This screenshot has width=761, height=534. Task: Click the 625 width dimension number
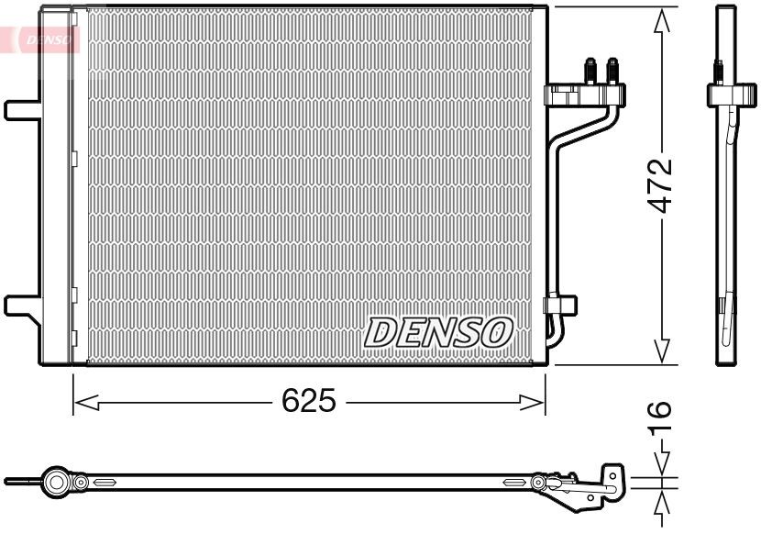pyautogui.click(x=309, y=401)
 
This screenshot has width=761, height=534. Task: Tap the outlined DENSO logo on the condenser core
pyautogui.click(x=438, y=332)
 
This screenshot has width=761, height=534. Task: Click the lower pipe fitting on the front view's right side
pyautogui.click(x=559, y=306)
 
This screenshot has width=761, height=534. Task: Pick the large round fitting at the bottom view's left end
pyautogui.click(x=57, y=482)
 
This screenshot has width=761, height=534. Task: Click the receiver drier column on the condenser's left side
pyautogui.click(x=57, y=184)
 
